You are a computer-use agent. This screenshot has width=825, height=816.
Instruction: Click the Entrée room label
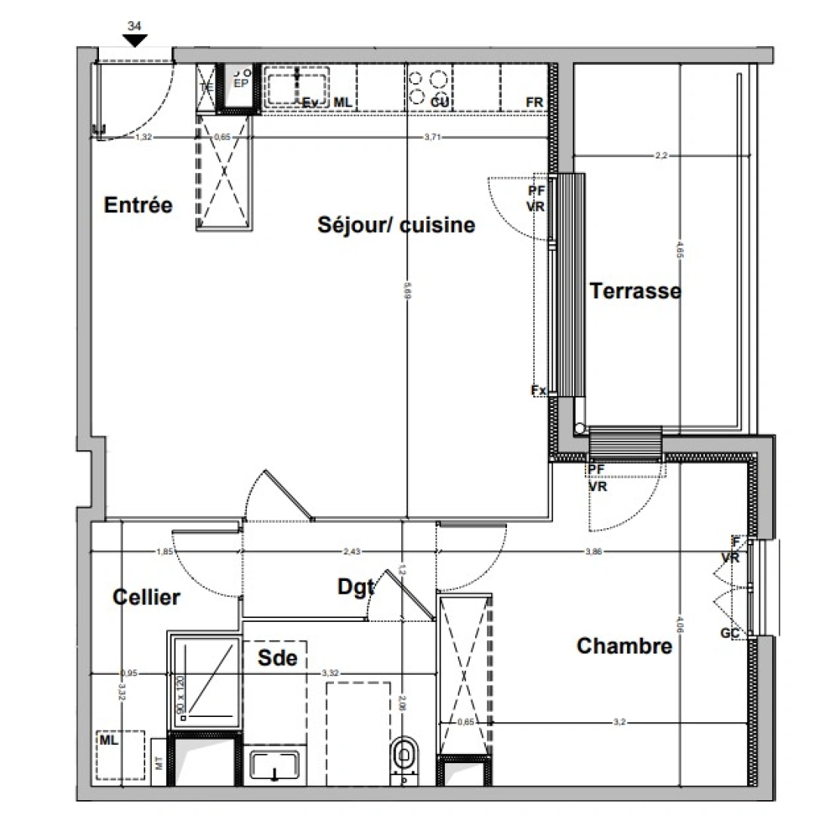(138, 205)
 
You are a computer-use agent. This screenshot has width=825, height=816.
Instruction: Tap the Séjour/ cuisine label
(396, 224)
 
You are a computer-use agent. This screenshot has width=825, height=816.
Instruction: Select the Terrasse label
(635, 291)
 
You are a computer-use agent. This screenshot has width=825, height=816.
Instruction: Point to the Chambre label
(624, 646)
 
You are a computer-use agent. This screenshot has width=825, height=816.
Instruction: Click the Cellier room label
(147, 597)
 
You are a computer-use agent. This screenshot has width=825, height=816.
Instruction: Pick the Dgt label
(355, 586)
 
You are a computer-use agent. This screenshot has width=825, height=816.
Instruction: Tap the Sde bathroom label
(277, 658)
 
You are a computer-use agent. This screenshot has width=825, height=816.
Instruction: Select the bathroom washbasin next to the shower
(274, 766)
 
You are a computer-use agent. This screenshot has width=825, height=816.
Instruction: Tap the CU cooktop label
(440, 102)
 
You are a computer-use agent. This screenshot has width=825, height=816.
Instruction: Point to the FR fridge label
(535, 102)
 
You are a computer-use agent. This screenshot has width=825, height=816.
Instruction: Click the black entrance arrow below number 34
(135, 41)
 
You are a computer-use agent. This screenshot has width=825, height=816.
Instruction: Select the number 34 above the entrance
(135, 26)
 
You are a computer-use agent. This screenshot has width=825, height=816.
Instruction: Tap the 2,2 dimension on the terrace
(662, 156)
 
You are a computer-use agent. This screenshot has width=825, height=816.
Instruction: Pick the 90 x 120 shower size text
(180, 695)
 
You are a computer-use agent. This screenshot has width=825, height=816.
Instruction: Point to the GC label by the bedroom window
(729, 633)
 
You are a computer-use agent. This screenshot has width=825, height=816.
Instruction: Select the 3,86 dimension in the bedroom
(595, 552)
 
